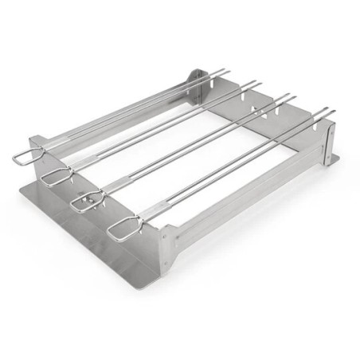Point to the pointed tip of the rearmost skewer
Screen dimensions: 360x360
coord(226,72)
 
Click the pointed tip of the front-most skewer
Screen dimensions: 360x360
coord(331,112)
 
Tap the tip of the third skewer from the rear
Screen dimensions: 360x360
coord(293,96)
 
